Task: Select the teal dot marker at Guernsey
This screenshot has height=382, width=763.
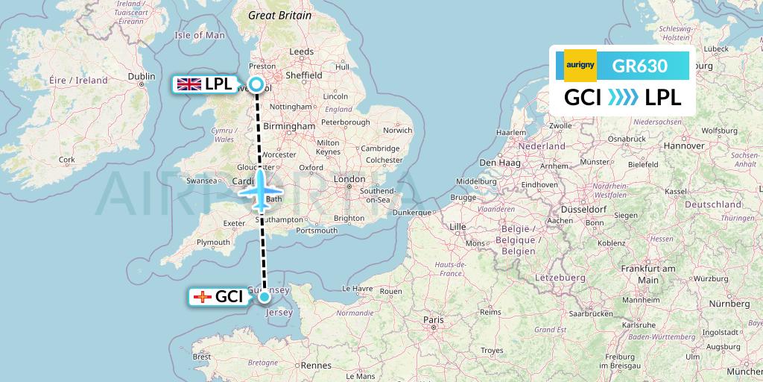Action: [265, 297]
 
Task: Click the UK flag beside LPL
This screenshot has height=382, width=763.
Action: [188, 84]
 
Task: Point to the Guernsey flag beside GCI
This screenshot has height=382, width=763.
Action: [202, 297]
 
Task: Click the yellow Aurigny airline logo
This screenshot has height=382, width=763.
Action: [580, 66]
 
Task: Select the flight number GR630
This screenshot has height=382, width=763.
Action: [639, 66]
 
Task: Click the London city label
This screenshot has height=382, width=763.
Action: [349, 179]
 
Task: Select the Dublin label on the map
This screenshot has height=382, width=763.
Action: [142, 76]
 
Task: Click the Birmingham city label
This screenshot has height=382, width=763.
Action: [294, 127]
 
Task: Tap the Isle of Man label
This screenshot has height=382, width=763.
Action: [199, 35]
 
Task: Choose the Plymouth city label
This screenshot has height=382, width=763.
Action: [214, 242]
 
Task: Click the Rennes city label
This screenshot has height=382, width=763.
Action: [316, 366]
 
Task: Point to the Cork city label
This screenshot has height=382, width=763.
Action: [67, 160]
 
